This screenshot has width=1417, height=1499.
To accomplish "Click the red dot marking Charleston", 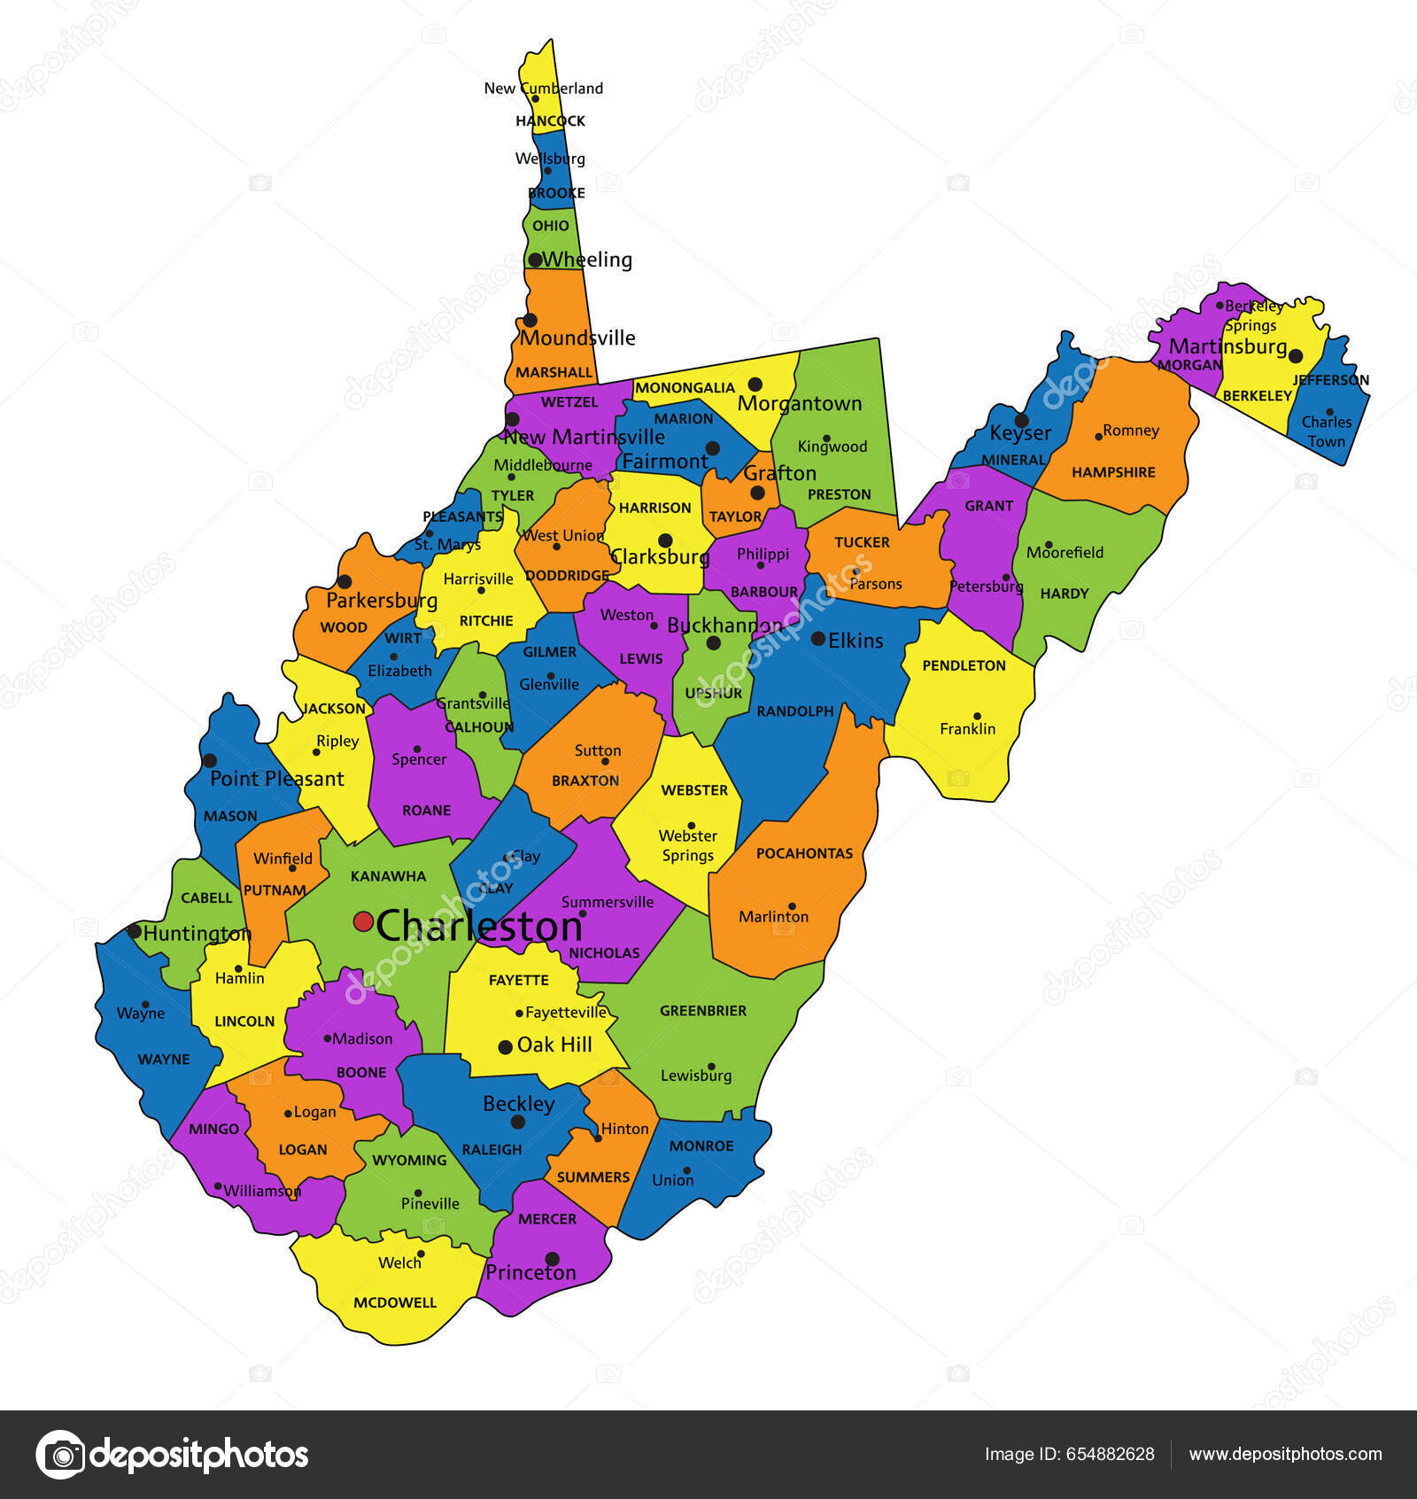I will coord(363,921).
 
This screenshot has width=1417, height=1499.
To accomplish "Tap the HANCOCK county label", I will coord(550,120).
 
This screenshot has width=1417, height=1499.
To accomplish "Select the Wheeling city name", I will coord(587,260).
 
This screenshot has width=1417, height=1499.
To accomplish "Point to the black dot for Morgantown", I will coord(755,384).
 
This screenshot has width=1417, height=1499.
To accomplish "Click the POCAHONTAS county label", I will coord(804,853).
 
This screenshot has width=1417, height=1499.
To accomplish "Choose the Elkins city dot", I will coord(818,638).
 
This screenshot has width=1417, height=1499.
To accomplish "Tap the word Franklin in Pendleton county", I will coord(967,728).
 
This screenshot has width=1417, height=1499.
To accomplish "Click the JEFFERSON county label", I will coord(1330,380).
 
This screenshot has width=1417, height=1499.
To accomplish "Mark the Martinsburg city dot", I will coord(1296,356).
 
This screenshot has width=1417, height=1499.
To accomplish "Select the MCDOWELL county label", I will coord(395,1302).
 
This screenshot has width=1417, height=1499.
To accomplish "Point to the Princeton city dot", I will coord(552,1258).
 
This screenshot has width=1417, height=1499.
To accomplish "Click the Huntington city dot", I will coord(134,931).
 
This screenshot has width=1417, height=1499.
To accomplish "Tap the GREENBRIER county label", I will coord(703,1010).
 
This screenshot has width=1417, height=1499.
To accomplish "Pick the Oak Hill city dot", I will coord(506,1046).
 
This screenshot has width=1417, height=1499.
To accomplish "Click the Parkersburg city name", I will coord(382,600).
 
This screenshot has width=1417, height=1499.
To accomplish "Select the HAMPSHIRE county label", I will coord(1113,472).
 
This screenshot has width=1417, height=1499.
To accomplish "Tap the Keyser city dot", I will coord(1021,421).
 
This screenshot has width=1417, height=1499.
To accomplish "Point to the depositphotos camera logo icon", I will coord(61,1455).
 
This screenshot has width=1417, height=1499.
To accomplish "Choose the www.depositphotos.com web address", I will coord(1285,1454).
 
